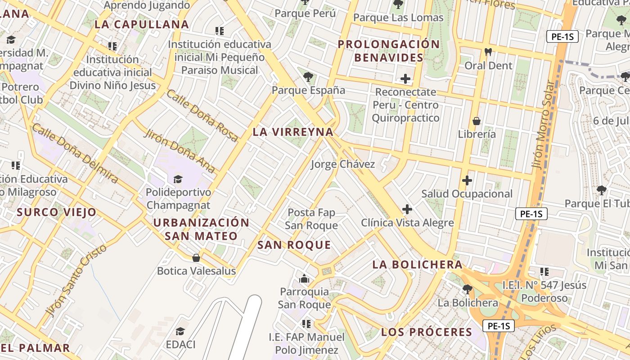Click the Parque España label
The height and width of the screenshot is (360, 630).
click(308, 90)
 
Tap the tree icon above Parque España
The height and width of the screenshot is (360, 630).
click(308, 77)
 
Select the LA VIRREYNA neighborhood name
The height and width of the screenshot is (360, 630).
click(293, 132)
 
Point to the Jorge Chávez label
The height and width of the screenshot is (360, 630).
click(342, 164)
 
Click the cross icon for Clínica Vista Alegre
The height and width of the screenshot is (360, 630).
click(407, 209)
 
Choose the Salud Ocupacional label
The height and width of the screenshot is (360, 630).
click(467, 194)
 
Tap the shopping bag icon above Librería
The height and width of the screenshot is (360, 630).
click(477, 121)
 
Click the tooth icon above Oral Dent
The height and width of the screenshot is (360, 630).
click(488, 52)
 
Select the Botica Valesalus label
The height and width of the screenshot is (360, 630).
click(196, 271)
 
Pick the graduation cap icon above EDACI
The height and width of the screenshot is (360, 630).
click(180, 332)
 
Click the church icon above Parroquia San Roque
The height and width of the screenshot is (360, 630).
click(305, 279)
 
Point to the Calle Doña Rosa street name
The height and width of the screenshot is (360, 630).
click(202, 116)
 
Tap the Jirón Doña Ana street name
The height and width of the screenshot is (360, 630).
click(179, 151)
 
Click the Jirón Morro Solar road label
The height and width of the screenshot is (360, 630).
click(543, 125)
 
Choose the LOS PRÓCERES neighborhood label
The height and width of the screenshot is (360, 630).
click(427, 333)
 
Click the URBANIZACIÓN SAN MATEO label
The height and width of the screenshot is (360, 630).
click(201, 229)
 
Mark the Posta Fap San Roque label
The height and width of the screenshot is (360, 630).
click(311, 219)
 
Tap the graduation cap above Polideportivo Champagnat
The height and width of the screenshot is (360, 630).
click(178, 179)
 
